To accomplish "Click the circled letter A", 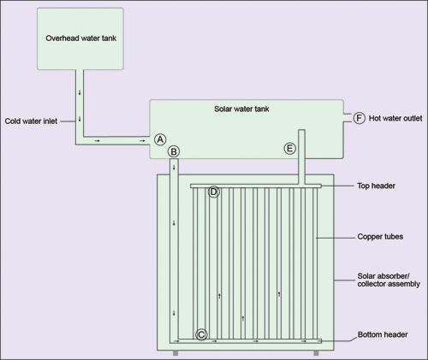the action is tap(160, 139).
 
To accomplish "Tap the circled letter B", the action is tap(174, 151).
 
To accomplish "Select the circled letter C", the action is tap(201, 334).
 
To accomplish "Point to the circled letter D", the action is tap(214, 192).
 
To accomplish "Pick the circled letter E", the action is tap(290, 149).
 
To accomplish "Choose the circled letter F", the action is tap(360, 118).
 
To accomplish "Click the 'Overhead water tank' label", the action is tap(81, 38).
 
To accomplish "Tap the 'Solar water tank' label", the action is tap(241, 109).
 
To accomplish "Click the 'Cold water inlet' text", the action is tap(31, 121).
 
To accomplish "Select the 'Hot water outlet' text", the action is tap(395, 118).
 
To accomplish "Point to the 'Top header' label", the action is tap(376, 186).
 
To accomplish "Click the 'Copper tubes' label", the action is tap(380, 237).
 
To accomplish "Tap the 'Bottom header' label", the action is tap(383, 334).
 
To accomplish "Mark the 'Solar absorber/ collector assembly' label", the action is tap(389, 280).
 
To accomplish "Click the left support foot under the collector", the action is tap(175, 353).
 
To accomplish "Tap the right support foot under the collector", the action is tap(316, 353).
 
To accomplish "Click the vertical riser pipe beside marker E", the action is tap(301, 157).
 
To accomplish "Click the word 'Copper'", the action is tap(369, 237).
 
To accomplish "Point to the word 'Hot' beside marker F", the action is tap(374, 118).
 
